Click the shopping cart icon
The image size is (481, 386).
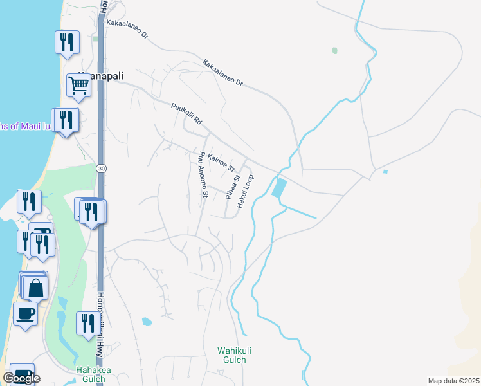point(78,85)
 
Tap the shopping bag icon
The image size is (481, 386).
point(35,288)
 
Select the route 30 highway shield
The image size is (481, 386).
point(101,168)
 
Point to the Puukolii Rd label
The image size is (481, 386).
point(186,114)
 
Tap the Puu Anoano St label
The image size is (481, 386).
point(203,174)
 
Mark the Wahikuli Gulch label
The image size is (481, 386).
point(231,355)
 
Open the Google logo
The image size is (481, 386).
point(21,378)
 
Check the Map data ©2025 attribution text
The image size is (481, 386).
point(453,381)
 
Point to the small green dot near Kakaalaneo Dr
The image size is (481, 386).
point(334,50)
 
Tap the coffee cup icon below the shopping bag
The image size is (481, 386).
point(25,314)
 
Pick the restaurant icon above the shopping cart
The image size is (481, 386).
point(67,42)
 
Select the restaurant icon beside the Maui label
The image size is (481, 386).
point(66,120)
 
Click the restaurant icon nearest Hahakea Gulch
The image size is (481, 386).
point(86,323)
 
